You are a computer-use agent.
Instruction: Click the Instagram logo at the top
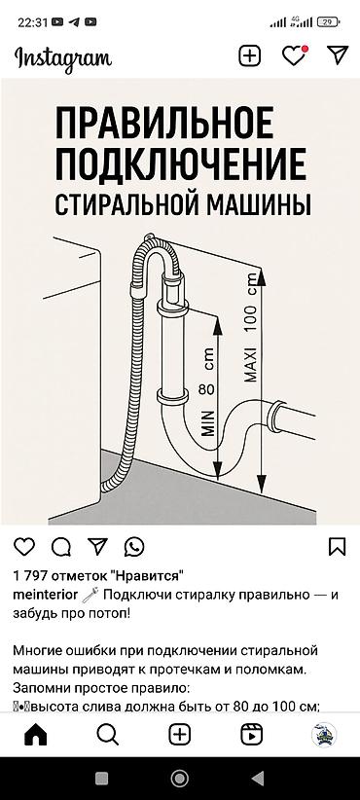63,58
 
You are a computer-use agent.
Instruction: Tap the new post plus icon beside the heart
250,55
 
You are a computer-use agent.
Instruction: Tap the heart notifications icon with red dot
295,55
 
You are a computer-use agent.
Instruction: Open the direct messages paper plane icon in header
338,55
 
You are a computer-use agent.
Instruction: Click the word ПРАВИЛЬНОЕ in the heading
164,123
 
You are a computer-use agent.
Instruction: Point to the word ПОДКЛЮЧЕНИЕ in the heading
181,164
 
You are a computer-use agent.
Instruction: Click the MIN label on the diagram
207,422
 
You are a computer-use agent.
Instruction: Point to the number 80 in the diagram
206,390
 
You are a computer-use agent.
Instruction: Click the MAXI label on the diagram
250,364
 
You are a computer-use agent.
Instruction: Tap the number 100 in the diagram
250,319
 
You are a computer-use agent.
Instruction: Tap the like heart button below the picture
24,546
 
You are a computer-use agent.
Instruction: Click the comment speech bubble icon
60,547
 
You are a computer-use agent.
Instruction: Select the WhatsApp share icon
134,547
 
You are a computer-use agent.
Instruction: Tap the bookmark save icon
337,546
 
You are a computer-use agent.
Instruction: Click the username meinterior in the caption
46,595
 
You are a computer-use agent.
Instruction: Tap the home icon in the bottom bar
36,735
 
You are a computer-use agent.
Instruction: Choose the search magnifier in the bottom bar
108,735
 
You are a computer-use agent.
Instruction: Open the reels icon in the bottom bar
251,735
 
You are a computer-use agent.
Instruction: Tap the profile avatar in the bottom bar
324,735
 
